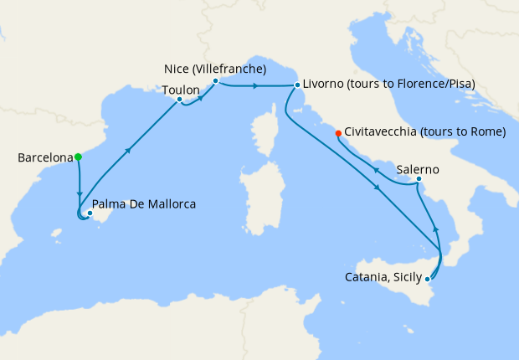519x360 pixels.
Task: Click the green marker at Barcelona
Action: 78,157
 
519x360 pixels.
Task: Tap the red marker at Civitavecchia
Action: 338,132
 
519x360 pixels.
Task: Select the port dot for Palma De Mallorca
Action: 89,213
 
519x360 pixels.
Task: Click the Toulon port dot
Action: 179,100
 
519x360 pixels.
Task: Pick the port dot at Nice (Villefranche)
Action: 215,81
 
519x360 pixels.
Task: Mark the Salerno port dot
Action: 418,179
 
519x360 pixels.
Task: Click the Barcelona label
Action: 44,157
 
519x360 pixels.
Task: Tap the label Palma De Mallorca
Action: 144,203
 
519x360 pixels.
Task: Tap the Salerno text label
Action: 418,169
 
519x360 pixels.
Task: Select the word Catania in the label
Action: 367,277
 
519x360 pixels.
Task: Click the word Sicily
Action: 407,277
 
